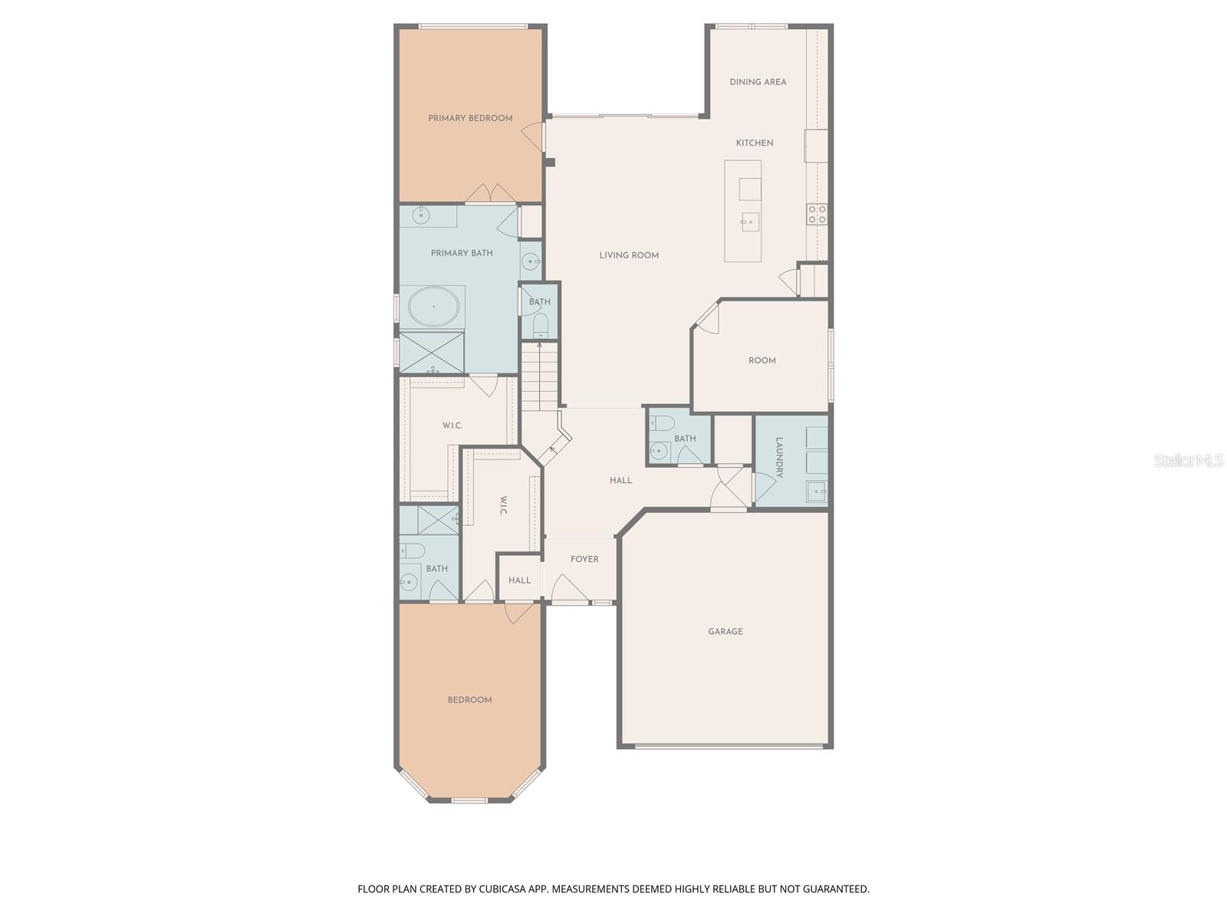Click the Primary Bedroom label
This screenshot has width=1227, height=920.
(x=470, y=118)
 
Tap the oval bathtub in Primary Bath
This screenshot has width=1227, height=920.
(x=433, y=307)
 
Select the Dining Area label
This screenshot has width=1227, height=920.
(x=758, y=82)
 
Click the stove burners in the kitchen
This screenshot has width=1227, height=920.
(x=817, y=214)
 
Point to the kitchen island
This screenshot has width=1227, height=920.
(x=743, y=211)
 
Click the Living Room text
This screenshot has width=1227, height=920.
(x=629, y=255)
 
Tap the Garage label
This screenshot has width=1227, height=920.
(x=725, y=632)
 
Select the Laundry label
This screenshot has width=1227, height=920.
(x=779, y=458)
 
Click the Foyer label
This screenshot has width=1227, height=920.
(x=584, y=560)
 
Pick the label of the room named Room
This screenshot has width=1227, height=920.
(x=762, y=360)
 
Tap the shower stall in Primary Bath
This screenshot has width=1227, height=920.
(x=431, y=353)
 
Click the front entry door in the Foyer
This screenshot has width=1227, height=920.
(x=571, y=590)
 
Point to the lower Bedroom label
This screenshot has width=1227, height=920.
(x=469, y=700)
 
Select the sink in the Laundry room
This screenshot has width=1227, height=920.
(x=817, y=491)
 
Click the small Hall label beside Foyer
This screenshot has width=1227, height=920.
(x=519, y=580)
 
